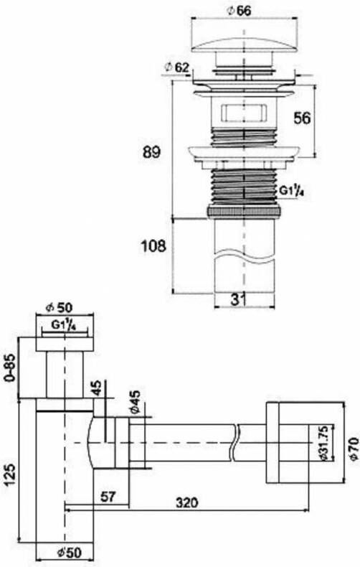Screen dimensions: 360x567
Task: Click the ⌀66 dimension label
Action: point(240,11)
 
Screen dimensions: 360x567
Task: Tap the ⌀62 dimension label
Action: point(177,67)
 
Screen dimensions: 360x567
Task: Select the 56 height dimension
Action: point(302,118)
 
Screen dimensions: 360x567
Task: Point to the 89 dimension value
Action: point(151,152)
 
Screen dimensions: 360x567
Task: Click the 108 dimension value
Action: point(153,246)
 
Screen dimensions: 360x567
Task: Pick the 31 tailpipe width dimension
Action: point(238,299)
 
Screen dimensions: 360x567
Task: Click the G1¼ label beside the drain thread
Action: point(291,190)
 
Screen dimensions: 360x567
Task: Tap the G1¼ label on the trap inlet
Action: point(63,324)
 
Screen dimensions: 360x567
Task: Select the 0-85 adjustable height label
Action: point(11,367)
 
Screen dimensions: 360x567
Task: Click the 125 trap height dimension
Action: point(11,474)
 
